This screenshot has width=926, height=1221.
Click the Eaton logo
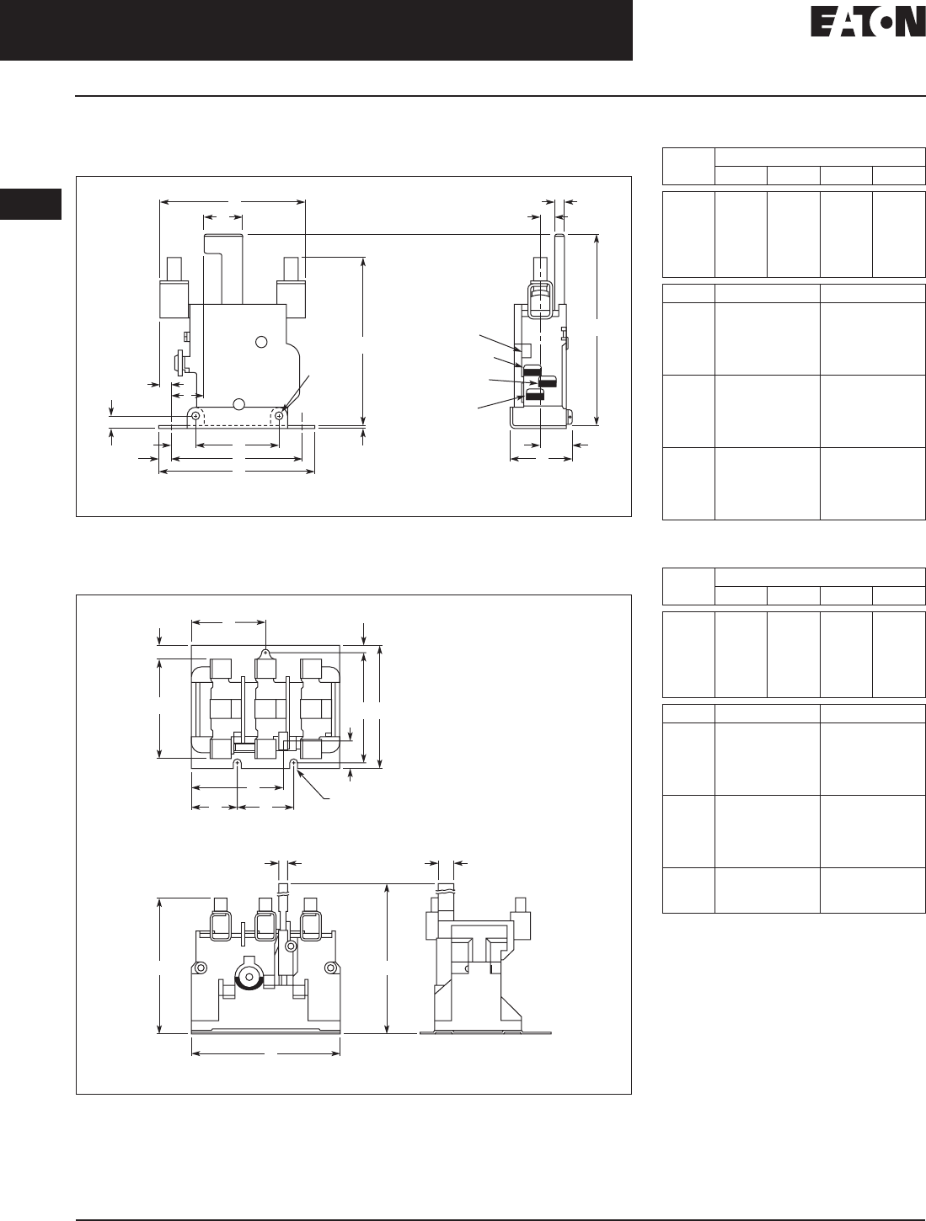(866, 24)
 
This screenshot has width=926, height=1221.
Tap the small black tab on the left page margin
(30, 205)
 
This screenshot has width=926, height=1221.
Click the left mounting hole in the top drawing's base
(195, 415)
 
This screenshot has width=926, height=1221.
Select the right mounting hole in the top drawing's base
(279, 415)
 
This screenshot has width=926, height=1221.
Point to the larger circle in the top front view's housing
(262, 342)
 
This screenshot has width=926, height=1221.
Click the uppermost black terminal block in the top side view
(533, 370)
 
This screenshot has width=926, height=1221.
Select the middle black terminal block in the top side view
(549, 382)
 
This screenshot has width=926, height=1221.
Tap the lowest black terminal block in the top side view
(534, 394)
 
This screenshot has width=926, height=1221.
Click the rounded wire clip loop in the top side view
(540, 299)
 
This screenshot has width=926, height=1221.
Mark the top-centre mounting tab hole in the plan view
(265, 652)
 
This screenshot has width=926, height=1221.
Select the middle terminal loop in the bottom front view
(268, 925)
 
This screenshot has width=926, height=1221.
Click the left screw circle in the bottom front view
(201, 968)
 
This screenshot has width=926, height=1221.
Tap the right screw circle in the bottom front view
(333, 968)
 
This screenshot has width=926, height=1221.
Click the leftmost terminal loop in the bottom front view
(222, 925)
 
